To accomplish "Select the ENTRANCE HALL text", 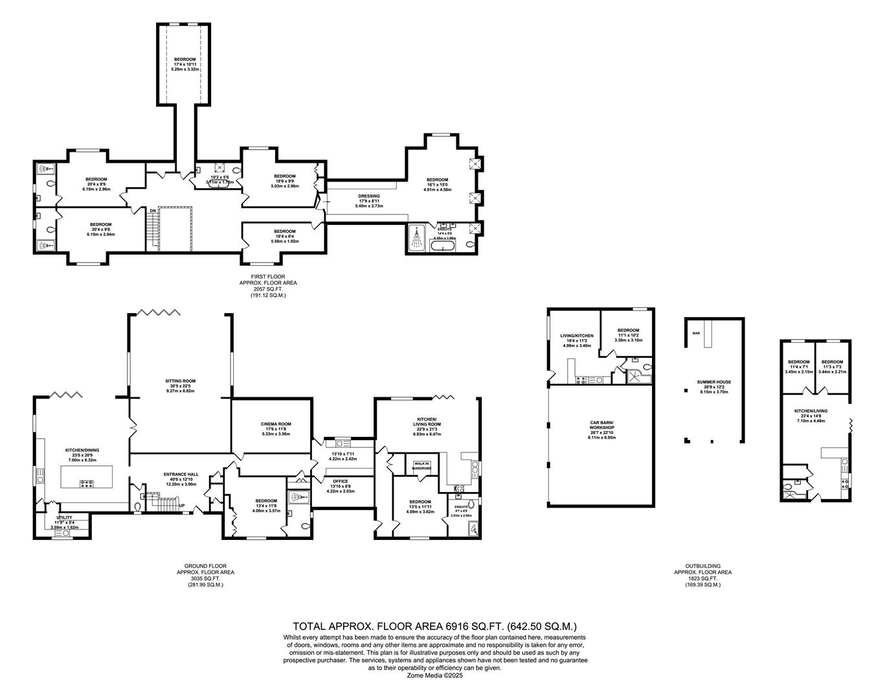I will click(181, 474).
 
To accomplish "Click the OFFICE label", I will click(341, 482).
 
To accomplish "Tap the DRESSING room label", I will click(369, 196).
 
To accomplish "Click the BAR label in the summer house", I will click(696, 333).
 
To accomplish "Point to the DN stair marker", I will click(152, 211).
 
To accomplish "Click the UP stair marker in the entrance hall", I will click(183, 506).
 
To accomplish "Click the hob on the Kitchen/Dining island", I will click(86, 483).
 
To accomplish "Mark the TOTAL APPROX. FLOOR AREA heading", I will click(435, 626).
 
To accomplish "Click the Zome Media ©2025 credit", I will click(435, 675).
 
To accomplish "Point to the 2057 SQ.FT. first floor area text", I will click(268, 289).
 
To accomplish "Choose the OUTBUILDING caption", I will click(702, 566).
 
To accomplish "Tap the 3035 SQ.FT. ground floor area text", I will click(205, 579).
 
